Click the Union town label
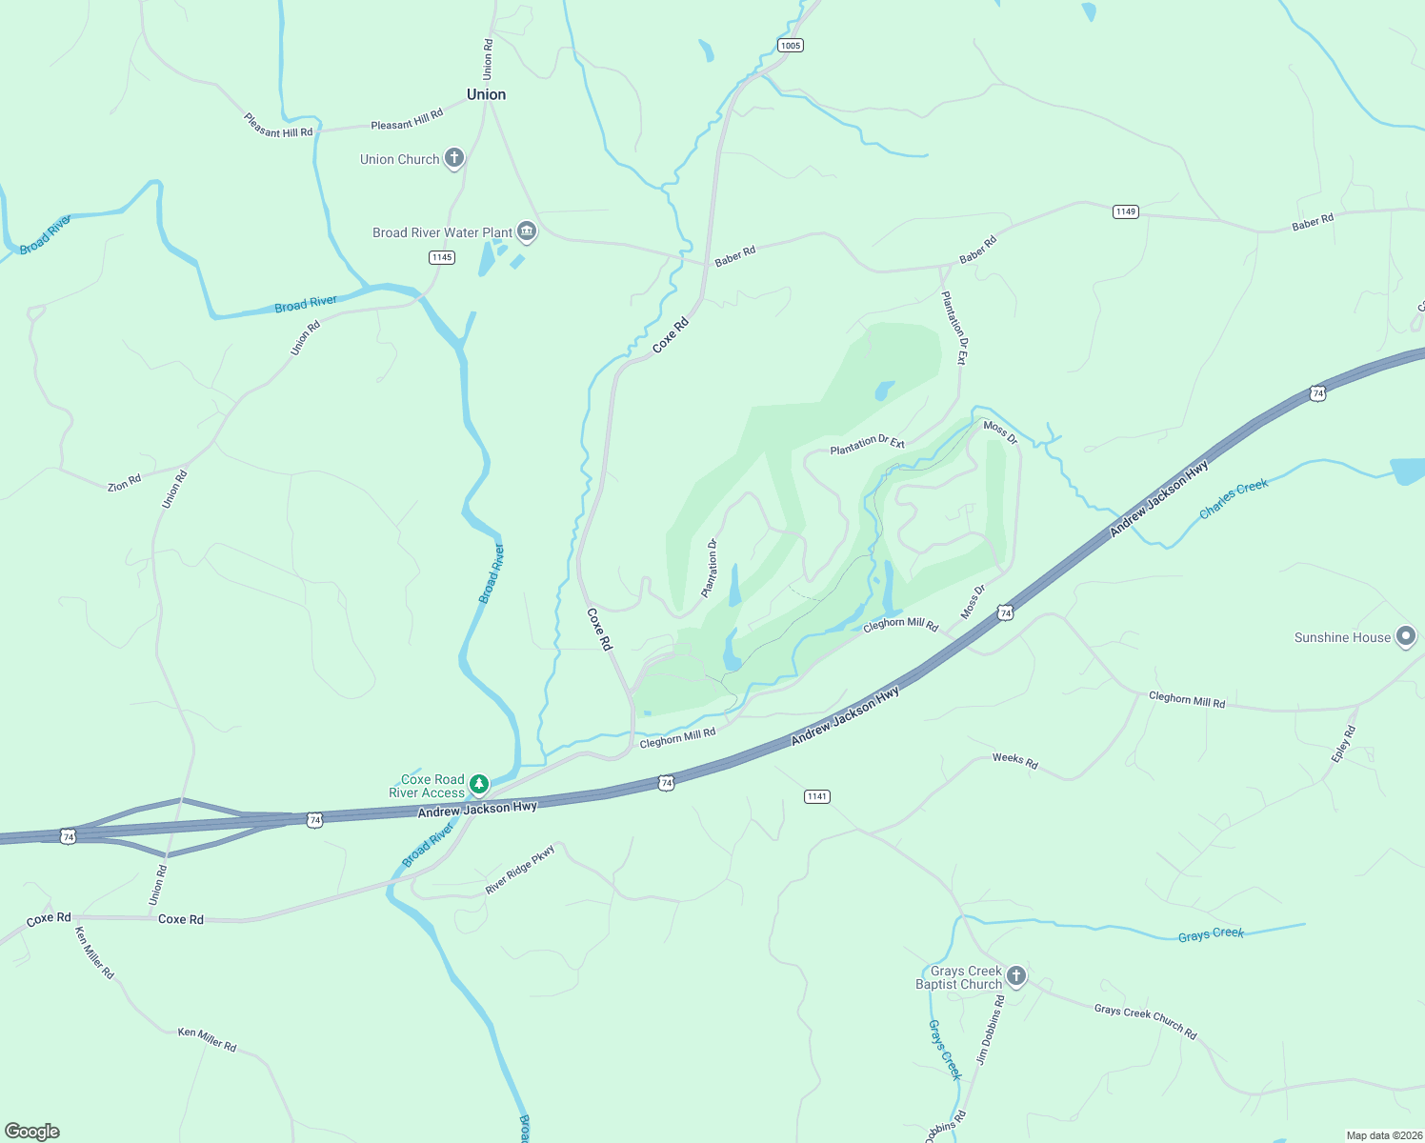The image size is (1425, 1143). coord(486,94)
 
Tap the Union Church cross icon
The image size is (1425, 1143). coord(454,158)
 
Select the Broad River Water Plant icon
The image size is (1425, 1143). coord(526,231)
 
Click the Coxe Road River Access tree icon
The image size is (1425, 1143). coord(479,785)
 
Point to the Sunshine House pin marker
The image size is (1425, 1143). coord(1405,637)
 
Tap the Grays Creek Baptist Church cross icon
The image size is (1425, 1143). coord(1016,976)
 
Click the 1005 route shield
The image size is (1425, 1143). coord(790,46)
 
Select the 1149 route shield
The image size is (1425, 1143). coord(1126,211)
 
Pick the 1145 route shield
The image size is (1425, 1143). coord(442,257)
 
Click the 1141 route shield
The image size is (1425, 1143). coord(817,796)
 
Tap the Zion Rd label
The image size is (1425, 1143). coord(124,483)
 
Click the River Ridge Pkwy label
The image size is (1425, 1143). coord(519,870)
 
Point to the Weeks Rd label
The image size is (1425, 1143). coord(1014,760)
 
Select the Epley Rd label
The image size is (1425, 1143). coord(1343,744)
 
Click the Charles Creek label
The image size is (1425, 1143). coord(1234,498)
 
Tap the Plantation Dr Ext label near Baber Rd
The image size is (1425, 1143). coord(953,328)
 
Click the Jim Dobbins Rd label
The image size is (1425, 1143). coord(990,1031)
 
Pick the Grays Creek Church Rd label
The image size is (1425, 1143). coord(1145,1021)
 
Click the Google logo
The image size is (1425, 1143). coord(32,1131)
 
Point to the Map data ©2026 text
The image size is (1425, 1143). coord(1383,1135)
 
